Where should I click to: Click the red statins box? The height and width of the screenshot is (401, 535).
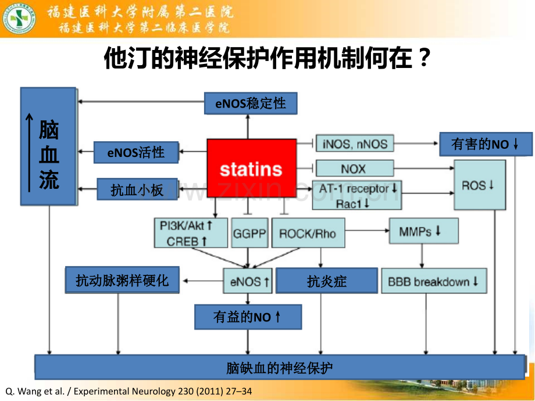(251, 168)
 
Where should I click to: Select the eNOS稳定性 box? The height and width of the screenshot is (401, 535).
(251, 103)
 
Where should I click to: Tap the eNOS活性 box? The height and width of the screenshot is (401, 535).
(136, 152)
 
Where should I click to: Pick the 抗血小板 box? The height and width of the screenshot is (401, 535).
(137, 189)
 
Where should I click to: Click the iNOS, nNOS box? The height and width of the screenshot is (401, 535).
(355, 143)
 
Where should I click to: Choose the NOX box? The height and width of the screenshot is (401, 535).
(355, 168)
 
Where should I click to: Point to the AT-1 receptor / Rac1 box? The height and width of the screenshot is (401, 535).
(357, 195)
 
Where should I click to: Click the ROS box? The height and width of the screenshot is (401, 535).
(480, 185)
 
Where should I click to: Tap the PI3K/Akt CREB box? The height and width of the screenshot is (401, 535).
(191, 233)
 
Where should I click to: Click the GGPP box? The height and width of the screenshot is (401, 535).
(249, 233)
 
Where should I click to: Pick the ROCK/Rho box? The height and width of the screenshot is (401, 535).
(308, 233)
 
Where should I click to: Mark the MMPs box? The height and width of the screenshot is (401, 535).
(423, 231)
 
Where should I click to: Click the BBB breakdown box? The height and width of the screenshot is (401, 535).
(434, 281)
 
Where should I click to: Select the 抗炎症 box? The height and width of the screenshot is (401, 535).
(327, 281)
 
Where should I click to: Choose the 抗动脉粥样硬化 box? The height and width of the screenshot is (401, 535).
(122, 280)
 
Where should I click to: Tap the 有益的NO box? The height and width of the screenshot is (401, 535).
(248, 317)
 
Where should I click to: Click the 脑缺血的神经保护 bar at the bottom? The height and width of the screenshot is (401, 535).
(280, 367)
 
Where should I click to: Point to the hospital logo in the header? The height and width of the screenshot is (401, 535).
(19, 19)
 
